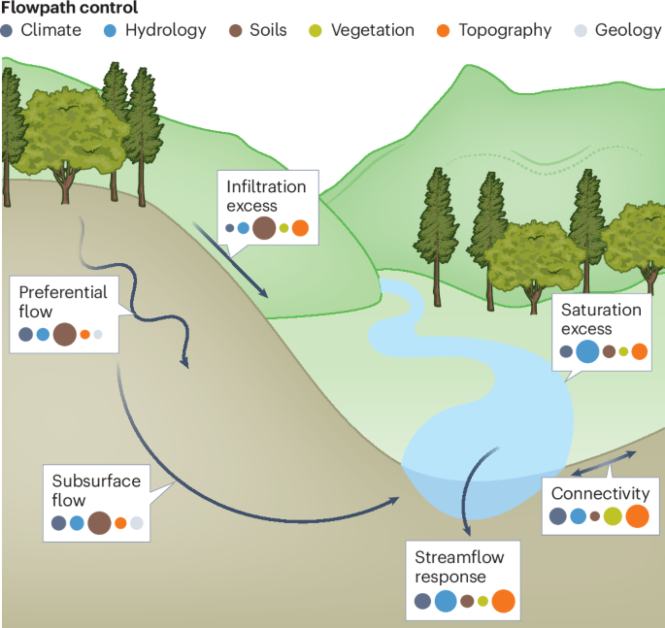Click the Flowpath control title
[x=69, y=7]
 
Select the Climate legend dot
[x=6, y=31]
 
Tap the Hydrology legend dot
[x=110, y=31]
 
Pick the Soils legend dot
[x=235, y=31]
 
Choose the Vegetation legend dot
[x=315, y=31]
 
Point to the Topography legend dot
[x=443, y=31]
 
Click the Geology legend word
[x=628, y=30]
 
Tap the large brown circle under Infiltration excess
[x=264, y=228]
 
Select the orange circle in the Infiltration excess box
[x=300, y=228]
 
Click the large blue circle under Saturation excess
[x=587, y=351]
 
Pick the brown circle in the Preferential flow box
[x=65, y=334]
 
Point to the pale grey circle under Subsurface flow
[x=137, y=523]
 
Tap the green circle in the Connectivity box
[x=613, y=516]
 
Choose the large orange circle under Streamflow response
[x=503, y=601]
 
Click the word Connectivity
[x=600, y=493]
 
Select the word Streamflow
[x=459, y=558]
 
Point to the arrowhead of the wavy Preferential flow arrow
[x=185, y=364]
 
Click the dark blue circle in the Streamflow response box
[x=422, y=601]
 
